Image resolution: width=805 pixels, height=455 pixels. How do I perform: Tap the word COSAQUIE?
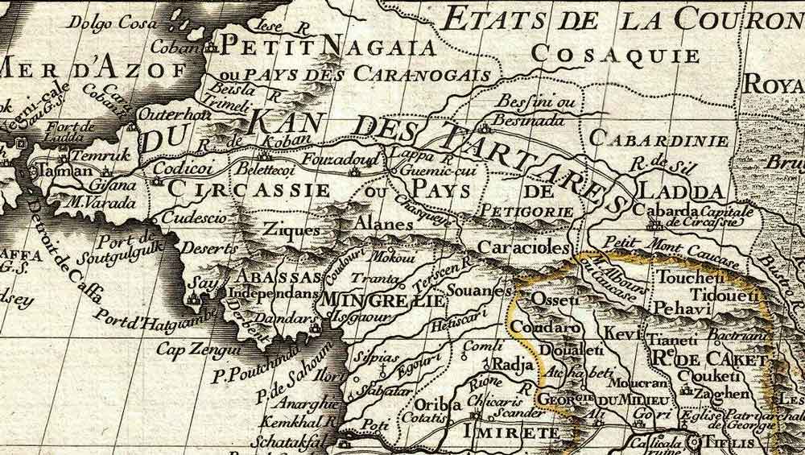coord(617,55)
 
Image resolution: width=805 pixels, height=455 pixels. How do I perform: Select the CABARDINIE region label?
coord(659,139)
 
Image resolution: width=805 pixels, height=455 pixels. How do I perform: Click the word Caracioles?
coord(522,247)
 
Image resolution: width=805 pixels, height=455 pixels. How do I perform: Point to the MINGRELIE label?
coord(383,301)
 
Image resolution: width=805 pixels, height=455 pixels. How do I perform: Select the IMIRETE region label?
coord(500,432)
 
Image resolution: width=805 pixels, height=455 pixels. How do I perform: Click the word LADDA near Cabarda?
coord(679,192)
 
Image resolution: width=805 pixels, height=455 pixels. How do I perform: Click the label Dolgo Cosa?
coord(103,23)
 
